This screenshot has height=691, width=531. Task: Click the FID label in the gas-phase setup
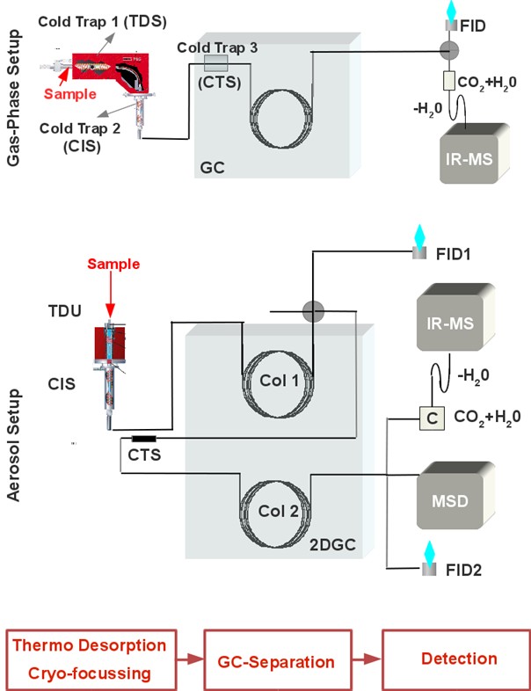(x=472, y=26)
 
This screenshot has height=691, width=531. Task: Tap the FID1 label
(x=453, y=254)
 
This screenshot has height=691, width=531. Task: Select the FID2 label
(x=463, y=570)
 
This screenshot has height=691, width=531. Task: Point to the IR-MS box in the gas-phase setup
(x=474, y=153)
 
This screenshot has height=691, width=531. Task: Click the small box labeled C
(x=432, y=418)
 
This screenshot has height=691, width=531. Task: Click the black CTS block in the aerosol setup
(x=143, y=439)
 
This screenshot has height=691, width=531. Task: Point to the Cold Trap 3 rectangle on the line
(x=216, y=63)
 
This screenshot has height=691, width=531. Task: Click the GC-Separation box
(x=278, y=660)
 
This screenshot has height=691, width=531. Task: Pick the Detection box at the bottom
(x=456, y=659)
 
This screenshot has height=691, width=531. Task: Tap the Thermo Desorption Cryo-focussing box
(x=91, y=659)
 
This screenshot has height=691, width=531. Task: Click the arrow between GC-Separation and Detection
(x=367, y=659)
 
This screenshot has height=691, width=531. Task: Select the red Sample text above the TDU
(x=113, y=264)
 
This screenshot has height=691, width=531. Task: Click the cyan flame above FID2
(x=429, y=551)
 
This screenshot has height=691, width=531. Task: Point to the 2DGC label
(x=332, y=545)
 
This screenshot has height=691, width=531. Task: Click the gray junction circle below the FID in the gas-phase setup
(x=449, y=51)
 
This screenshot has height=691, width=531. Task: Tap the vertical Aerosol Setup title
(x=14, y=445)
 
